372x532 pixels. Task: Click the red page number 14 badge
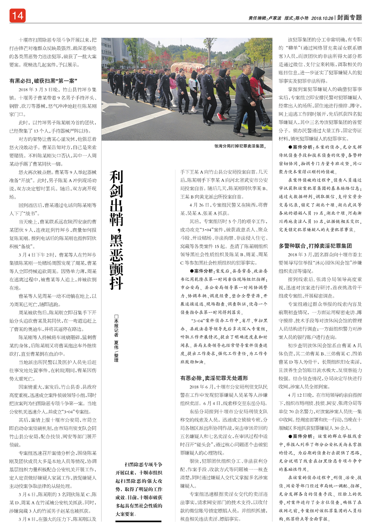point(17,15)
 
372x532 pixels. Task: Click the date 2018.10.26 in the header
point(322,18)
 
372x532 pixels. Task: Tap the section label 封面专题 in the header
point(349,18)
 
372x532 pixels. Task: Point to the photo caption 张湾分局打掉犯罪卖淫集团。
point(240,146)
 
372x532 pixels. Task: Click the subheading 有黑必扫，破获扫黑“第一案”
point(43,81)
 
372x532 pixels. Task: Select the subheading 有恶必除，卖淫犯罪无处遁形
point(214,378)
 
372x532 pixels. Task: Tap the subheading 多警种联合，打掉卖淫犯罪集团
point(315,246)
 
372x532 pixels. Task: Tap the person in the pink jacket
point(173,84)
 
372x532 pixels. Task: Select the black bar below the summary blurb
point(138,521)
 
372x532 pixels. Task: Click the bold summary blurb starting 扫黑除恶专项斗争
point(139,489)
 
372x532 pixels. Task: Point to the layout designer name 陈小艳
point(302,18)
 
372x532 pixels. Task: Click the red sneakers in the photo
point(221,117)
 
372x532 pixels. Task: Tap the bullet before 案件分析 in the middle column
point(184,271)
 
